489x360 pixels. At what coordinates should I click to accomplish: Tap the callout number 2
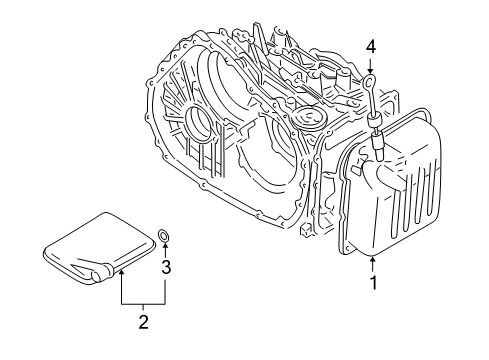144,321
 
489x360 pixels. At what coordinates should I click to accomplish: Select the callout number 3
167,266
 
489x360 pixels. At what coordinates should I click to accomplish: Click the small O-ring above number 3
164,236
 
